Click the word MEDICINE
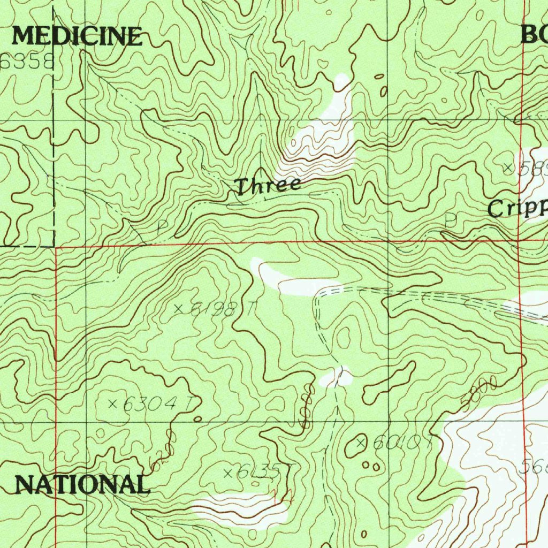77,36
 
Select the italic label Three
268,186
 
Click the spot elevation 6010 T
393,443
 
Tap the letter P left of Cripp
451,220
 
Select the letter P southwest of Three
162,227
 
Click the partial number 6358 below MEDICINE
27,63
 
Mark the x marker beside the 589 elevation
508,168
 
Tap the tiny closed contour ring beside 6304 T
198,419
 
